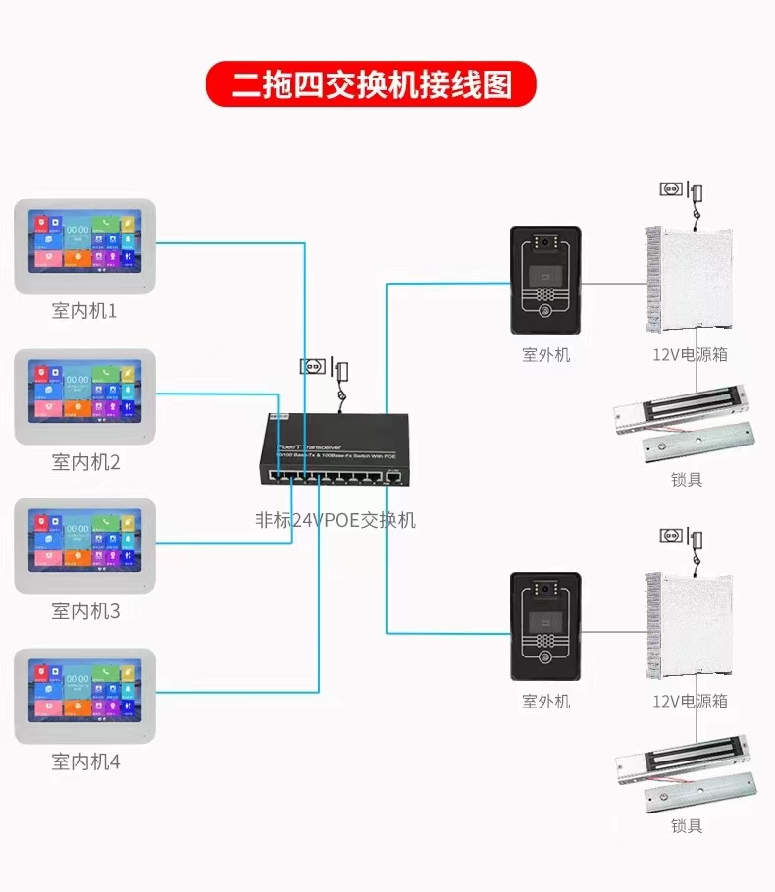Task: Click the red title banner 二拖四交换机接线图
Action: tap(371, 84)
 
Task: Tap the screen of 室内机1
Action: tap(84, 240)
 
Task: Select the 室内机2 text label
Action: tap(85, 461)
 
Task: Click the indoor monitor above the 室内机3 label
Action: tap(84, 546)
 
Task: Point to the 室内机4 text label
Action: tap(85, 761)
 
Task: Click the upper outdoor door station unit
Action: tap(545, 279)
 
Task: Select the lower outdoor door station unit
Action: tap(545, 625)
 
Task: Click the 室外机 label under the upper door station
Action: tap(545, 355)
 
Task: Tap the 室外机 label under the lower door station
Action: tap(545, 702)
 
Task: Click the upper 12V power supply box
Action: tap(689, 278)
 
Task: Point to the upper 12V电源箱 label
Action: tap(691, 355)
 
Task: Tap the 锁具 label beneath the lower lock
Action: tap(687, 826)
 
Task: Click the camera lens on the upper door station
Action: tap(545, 241)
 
